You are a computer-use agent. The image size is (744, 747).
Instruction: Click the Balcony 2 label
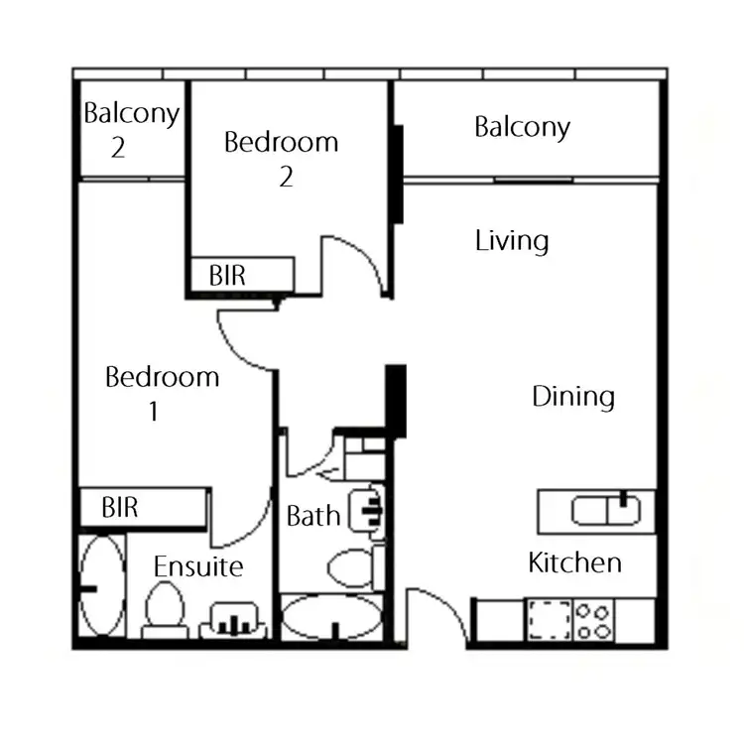click(130, 130)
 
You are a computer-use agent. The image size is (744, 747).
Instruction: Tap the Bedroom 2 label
click(282, 159)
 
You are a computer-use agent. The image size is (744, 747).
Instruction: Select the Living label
click(512, 241)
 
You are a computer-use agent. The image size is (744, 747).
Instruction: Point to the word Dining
click(573, 397)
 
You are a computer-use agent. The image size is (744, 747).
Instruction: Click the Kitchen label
click(574, 563)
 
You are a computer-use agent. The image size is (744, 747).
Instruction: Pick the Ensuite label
click(198, 566)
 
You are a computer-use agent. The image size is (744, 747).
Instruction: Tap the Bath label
click(312, 516)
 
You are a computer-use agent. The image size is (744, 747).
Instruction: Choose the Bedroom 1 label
click(162, 393)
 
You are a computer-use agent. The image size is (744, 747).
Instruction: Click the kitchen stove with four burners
click(593, 621)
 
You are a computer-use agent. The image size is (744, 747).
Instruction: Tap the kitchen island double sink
click(606, 511)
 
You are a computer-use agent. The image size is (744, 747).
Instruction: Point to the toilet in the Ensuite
click(164, 607)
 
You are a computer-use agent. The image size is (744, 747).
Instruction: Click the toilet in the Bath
click(349, 568)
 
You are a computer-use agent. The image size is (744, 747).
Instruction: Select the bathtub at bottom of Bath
click(331, 618)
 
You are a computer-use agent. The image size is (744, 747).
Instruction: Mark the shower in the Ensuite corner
click(101, 586)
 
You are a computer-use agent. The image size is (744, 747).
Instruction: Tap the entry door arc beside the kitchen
click(436, 615)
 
